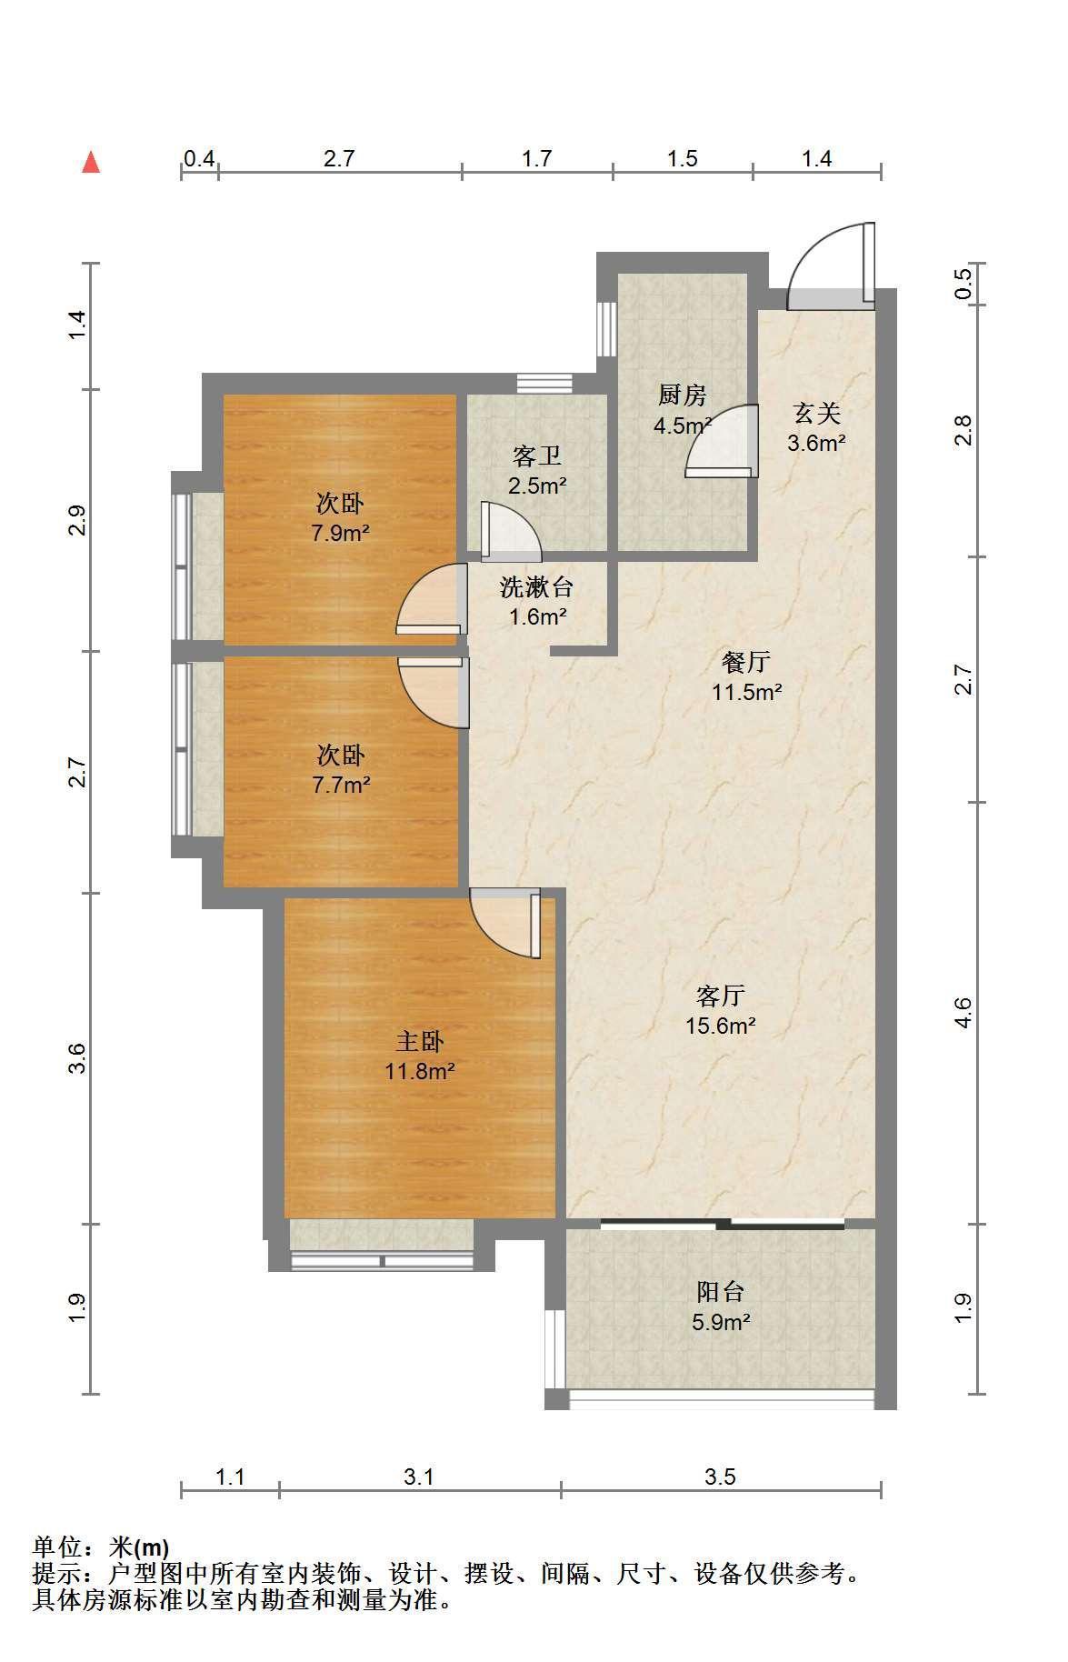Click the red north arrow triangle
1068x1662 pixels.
pos(91,163)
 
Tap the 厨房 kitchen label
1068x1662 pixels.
pos(683,395)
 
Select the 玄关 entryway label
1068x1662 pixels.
pos(817,414)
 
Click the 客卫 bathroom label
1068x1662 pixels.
pos(537,456)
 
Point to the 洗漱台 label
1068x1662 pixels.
pos(537,587)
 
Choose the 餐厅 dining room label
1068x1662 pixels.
pos(746,662)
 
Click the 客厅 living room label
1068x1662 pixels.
pos(721,996)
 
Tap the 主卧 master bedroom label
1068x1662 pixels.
pos(419,1041)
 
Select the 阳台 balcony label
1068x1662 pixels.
pos(721,1291)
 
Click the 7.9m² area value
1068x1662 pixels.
pos(340,533)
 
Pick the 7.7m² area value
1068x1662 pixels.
pos(340,785)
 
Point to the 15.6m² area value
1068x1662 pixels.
pos(721,1026)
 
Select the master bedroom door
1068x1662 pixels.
pos(505,922)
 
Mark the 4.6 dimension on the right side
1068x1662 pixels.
pos(963,1012)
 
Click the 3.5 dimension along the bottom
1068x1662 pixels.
pos(720,1477)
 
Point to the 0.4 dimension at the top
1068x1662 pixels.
pos(199,158)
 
